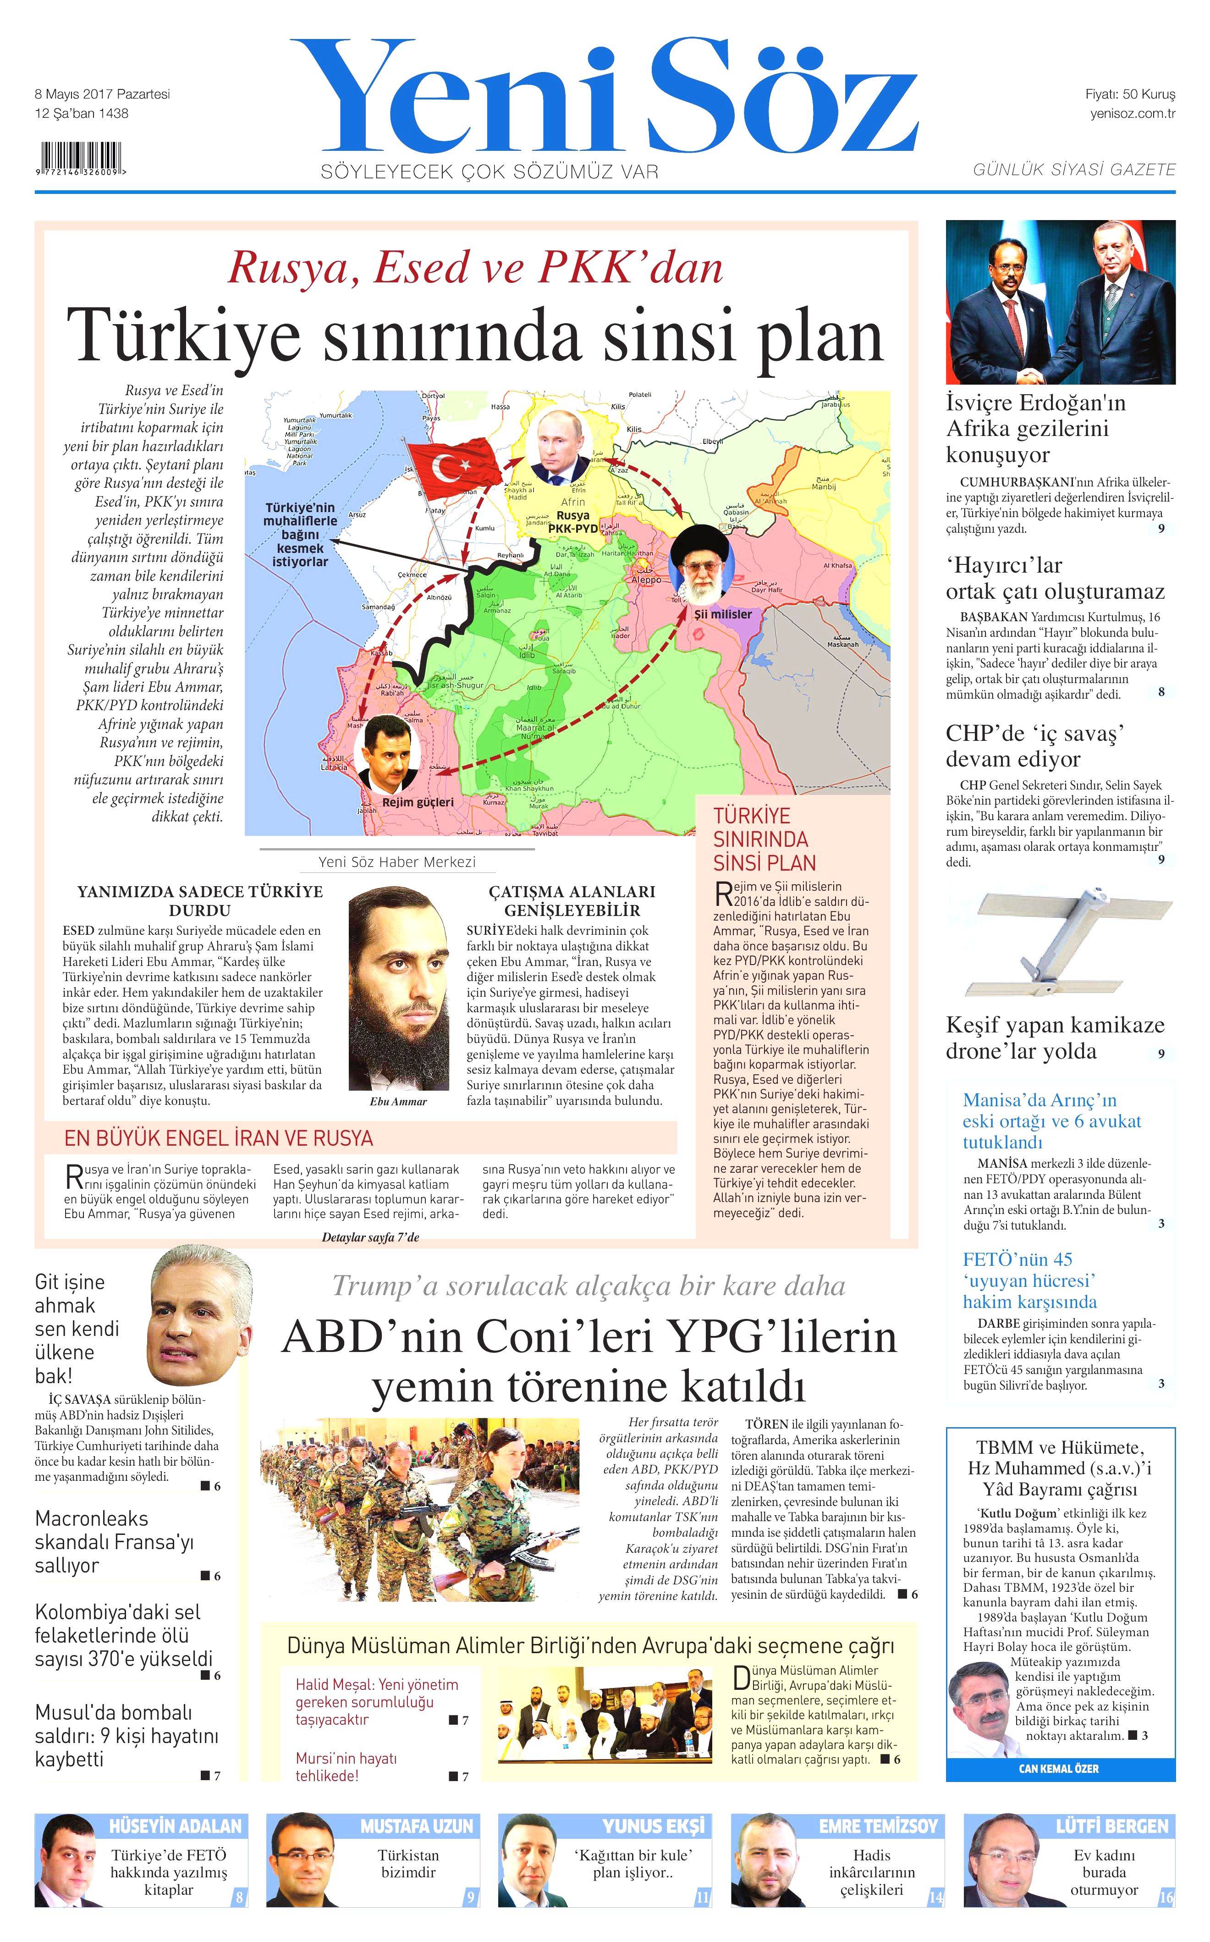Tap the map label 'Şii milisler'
723,614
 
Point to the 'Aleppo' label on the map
646,579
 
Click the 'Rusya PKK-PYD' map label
573,522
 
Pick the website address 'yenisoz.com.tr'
1133,113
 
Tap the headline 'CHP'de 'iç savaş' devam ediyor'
1035,746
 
